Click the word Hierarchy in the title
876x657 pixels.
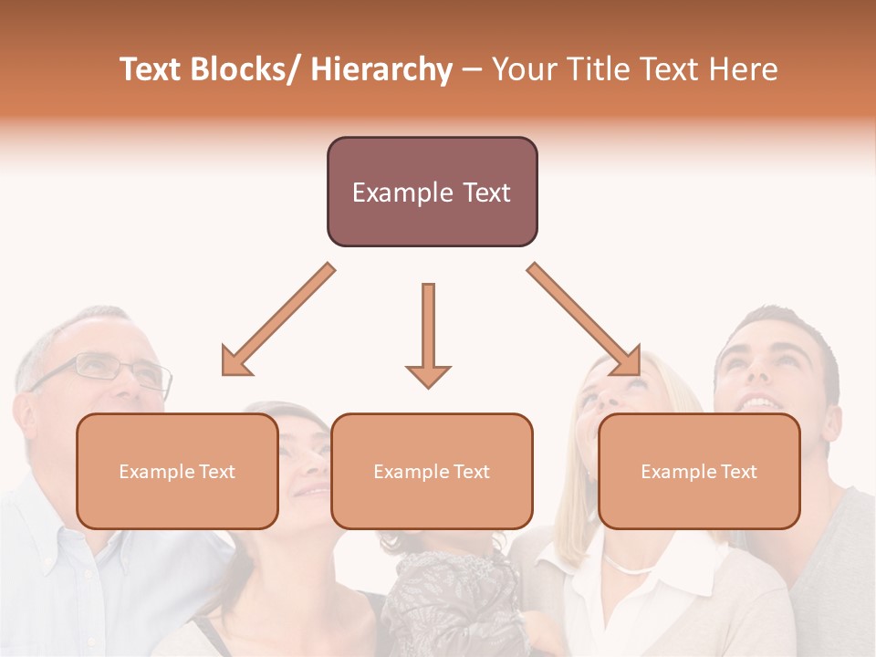pyautogui.click(x=381, y=69)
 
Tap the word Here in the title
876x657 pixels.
pyautogui.click(x=746, y=69)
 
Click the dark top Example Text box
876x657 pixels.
pyautogui.click(x=432, y=192)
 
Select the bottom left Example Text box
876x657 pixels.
pyautogui.click(x=177, y=471)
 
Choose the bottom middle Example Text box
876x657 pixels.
pyautogui.click(x=432, y=471)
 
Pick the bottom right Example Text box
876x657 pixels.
pyautogui.click(x=699, y=471)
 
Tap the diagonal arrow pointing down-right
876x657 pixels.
pyautogui.click(x=585, y=320)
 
